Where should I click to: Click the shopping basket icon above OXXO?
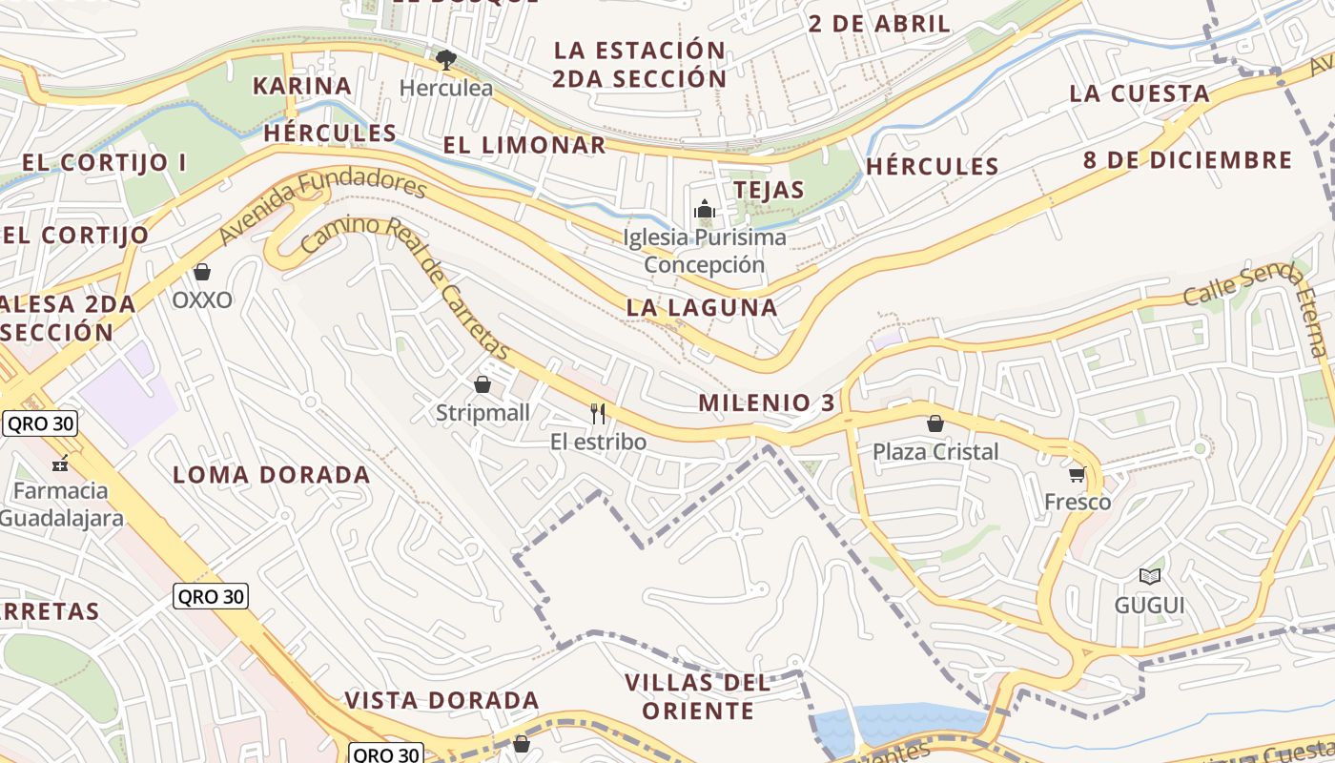click(201, 273)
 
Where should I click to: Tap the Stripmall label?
click(483, 414)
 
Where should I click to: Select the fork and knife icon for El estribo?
click(598, 413)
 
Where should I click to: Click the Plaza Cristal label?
click(935, 451)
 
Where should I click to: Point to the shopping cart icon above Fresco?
click(1077, 474)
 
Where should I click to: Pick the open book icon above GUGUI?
click(1150, 576)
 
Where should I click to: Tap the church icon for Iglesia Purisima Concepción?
click(705, 209)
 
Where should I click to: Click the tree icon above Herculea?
click(445, 60)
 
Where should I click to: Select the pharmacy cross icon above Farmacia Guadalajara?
click(60, 464)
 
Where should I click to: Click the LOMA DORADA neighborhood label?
click(272, 475)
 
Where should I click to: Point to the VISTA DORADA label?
click(442, 700)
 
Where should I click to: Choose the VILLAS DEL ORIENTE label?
click(698, 697)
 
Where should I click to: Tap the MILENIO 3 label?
click(767, 402)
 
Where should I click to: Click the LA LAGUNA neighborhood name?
click(702, 307)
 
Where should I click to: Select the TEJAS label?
click(770, 190)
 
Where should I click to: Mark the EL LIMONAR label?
click(524, 145)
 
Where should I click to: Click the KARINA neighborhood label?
click(302, 86)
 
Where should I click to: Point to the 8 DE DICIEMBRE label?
click(1187, 159)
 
